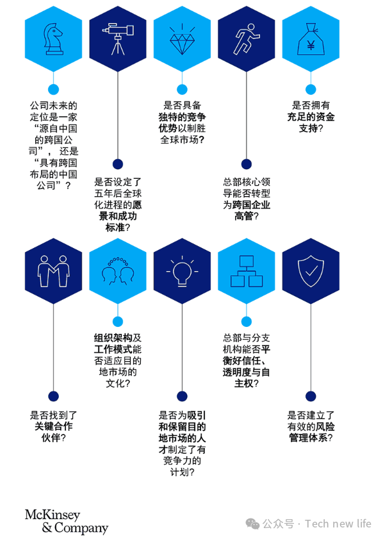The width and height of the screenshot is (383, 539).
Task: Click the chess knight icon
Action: coord(53,39)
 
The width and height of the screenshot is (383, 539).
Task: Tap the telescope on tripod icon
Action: coord(118,38)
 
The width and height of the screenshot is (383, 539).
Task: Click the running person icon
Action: coord(247,39)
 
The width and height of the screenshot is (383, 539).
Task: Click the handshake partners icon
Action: coord(53,271)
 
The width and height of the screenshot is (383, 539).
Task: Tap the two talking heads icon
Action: coord(118,271)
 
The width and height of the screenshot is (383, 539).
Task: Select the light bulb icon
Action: coord(182,271)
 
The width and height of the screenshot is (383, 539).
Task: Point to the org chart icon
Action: coord(247,271)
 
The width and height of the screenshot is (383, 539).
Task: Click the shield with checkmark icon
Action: coord(311,271)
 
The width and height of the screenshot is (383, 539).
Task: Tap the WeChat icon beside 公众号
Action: coord(252,524)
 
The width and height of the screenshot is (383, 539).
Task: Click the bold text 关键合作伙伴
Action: coord(53,432)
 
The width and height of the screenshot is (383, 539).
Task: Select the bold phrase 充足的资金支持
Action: coord(311,122)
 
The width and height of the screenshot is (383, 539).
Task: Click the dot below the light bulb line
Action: coord(182,396)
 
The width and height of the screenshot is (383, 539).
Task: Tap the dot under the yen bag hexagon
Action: coord(311,89)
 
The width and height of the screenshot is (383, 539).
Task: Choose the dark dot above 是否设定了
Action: coord(118,164)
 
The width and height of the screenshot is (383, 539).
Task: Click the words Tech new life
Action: coord(338,524)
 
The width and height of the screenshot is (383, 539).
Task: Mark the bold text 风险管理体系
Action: coord(311,432)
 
